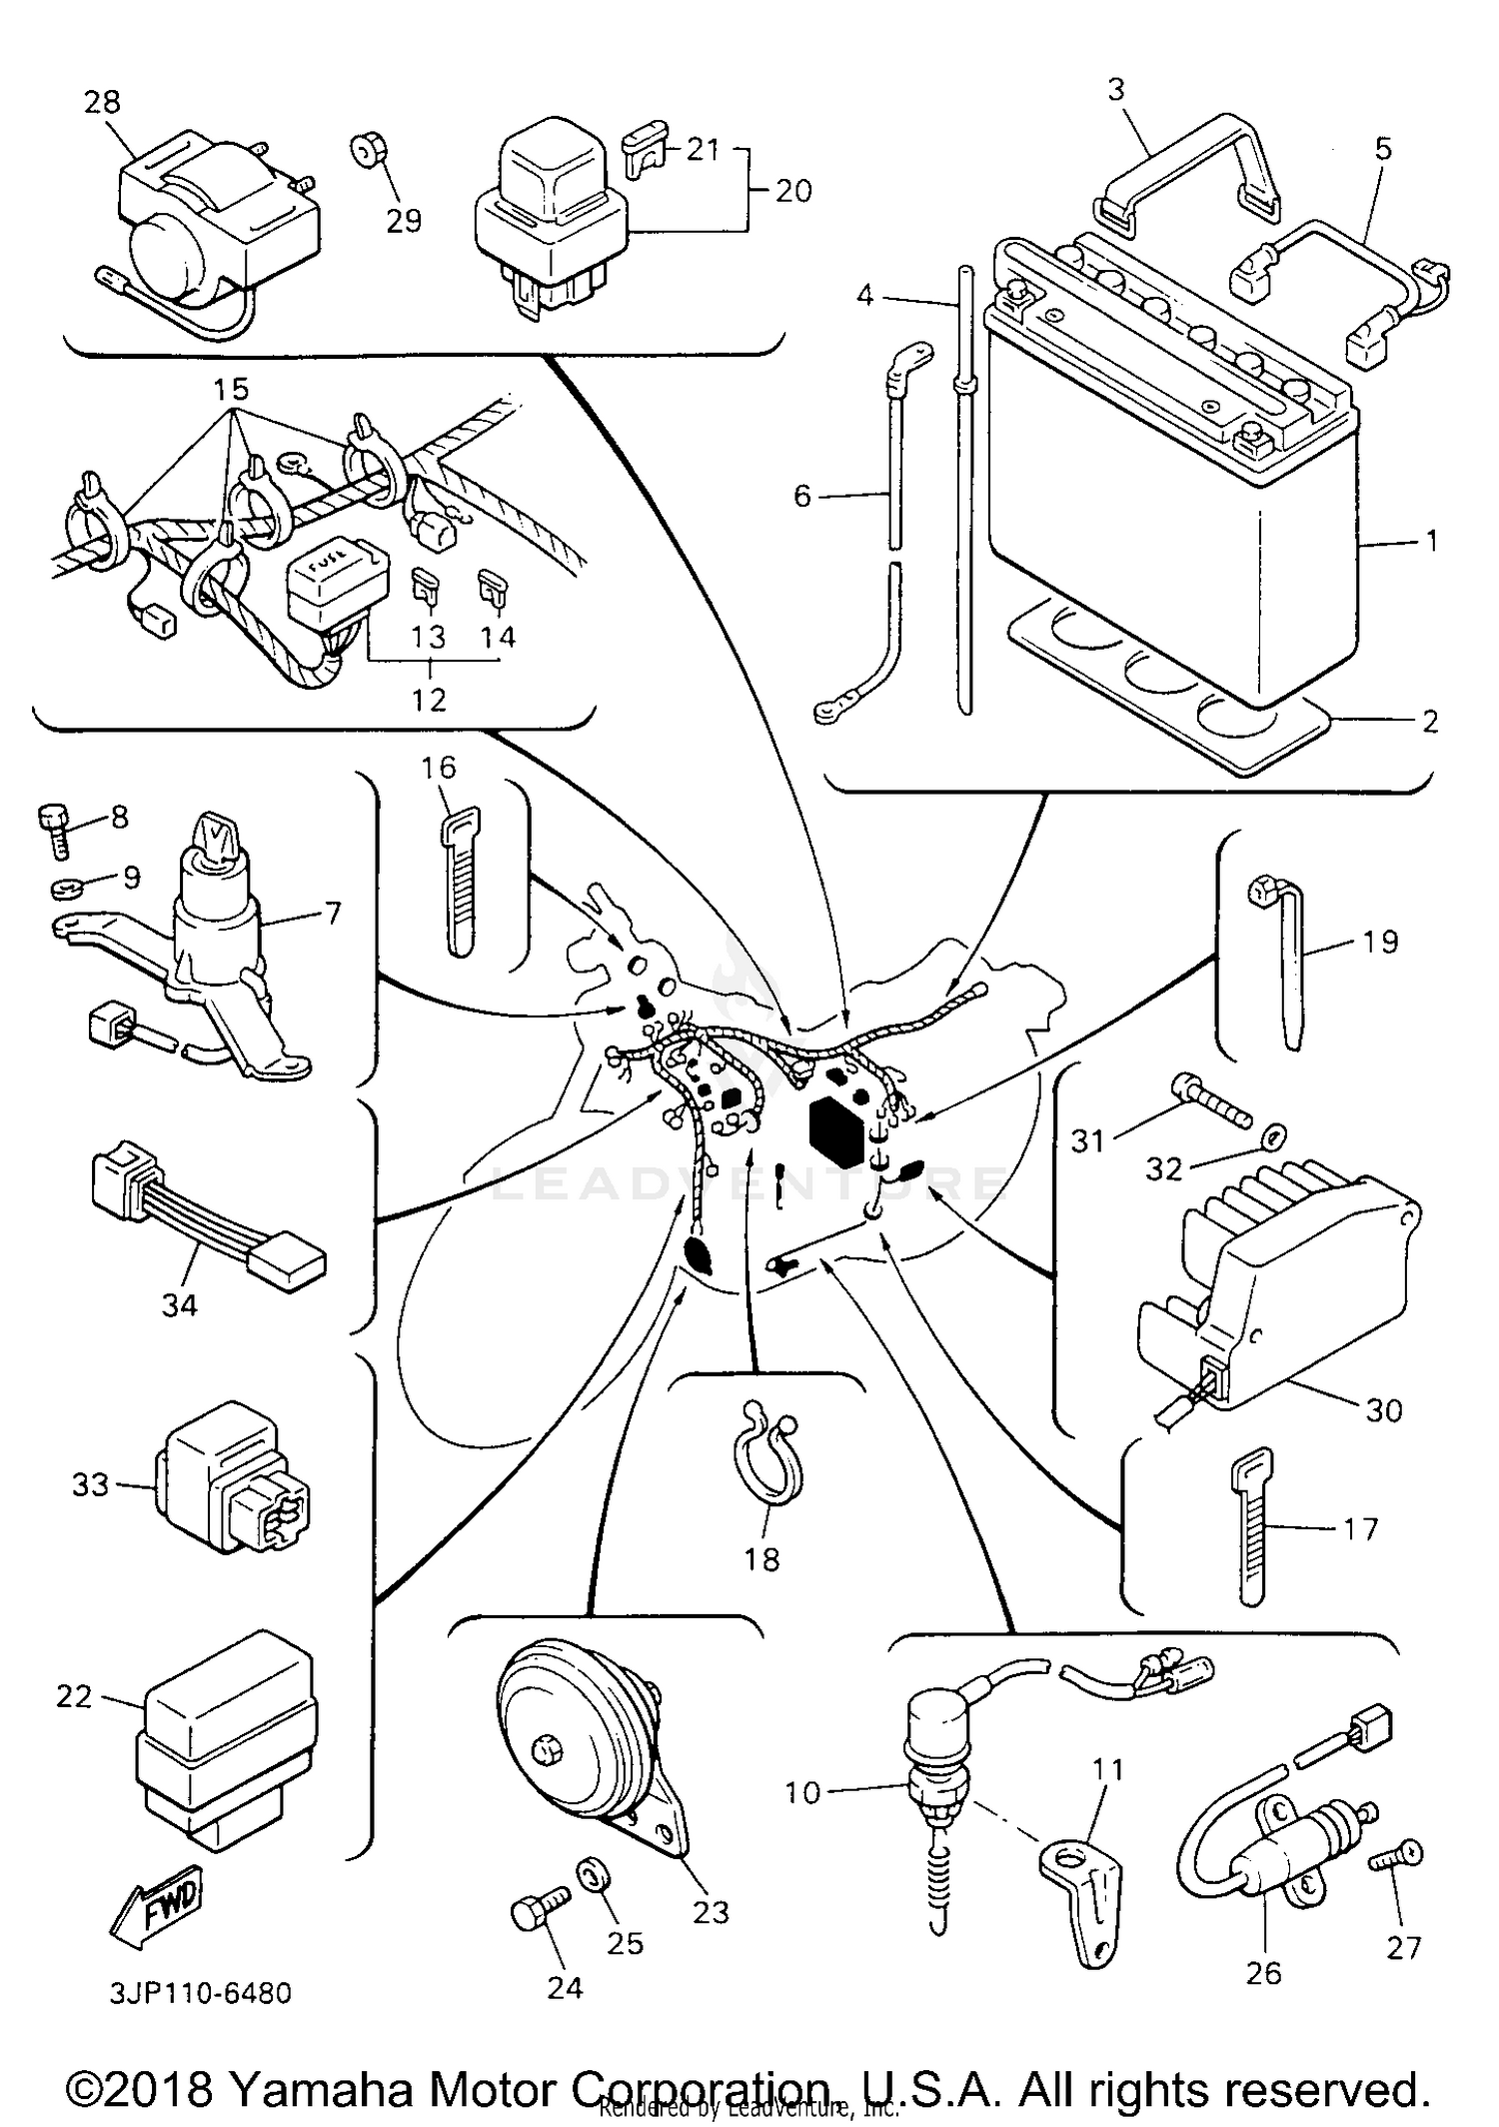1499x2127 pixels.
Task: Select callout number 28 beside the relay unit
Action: [x=102, y=102]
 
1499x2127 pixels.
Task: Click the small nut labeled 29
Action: [x=364, y=151]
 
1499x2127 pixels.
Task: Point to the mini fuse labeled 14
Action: [x=492, y=590]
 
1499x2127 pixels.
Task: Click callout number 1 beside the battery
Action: [x=1431, y=541]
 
